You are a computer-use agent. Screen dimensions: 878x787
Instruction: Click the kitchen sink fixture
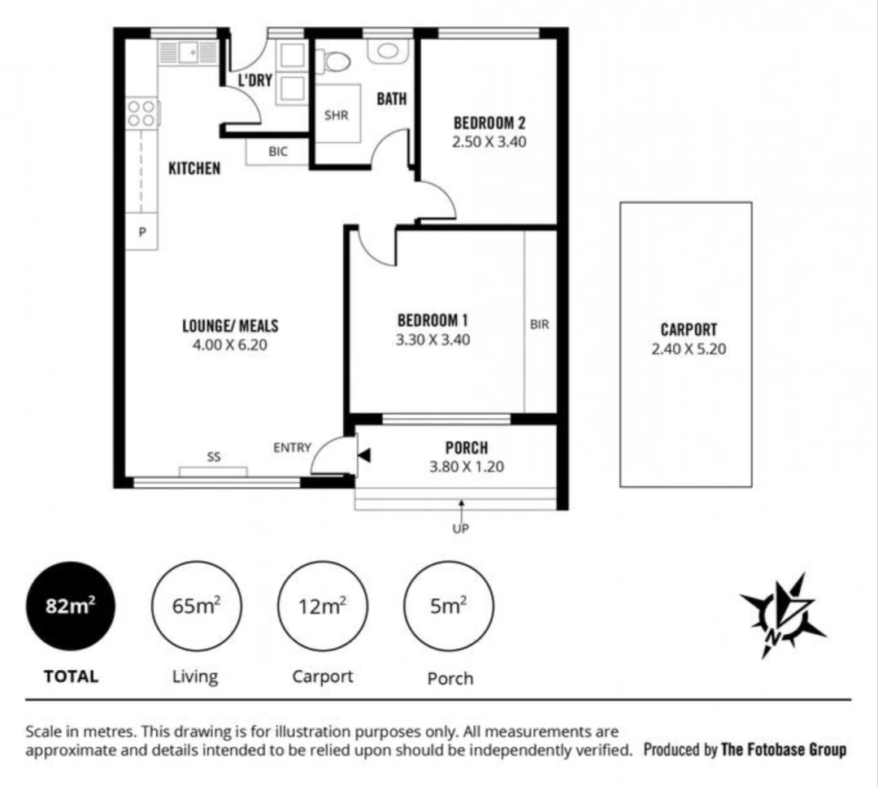[x=188, y=53]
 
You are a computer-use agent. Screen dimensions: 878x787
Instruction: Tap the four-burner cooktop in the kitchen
[x=141, y=113]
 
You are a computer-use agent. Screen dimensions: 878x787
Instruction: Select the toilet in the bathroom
[x=333, y=61]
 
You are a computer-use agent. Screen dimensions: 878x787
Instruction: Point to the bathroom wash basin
[x=388, y=51]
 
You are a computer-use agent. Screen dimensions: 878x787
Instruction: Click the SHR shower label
[x=336, y=115]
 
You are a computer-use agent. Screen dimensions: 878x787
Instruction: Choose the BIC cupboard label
[x=278, y=151]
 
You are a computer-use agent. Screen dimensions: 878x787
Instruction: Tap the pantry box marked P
[x=142, y=232]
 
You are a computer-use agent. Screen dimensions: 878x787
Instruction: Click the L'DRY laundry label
[x=255, y=80]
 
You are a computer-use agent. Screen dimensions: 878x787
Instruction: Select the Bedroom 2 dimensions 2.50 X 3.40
[x=489, y=141]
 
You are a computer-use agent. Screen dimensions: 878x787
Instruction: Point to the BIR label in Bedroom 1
[x=539, y=324]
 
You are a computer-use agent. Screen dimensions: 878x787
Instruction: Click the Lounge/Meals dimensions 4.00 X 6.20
[x=229, y=345]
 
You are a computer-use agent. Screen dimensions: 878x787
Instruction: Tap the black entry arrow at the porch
[x=364, y=456]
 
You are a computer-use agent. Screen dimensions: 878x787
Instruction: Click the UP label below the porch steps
[x=460, y=528]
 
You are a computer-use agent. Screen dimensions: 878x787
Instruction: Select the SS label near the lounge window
[x=214, y=457]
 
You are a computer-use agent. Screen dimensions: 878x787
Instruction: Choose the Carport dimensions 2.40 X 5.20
[x=689, y=349]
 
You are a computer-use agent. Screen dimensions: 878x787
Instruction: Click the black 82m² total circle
[x=71, y=606]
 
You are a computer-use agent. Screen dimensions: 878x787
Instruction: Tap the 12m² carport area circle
[x=323, y=606]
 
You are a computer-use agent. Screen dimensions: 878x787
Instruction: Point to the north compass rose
[x=783, y=615]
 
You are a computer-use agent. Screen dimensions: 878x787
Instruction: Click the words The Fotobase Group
[x=784, y=750]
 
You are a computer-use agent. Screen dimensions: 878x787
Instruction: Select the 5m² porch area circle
[x=449, y=606]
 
